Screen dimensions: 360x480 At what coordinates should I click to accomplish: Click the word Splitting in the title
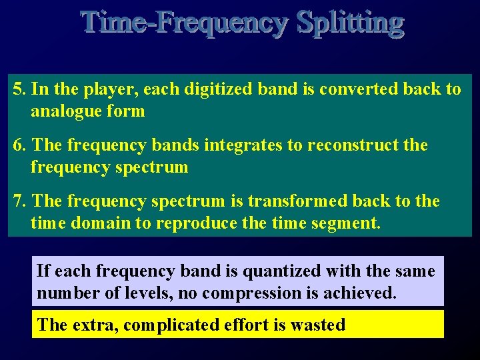click(x=350, y=23)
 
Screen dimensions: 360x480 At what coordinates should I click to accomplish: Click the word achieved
click(x=364, y=293)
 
